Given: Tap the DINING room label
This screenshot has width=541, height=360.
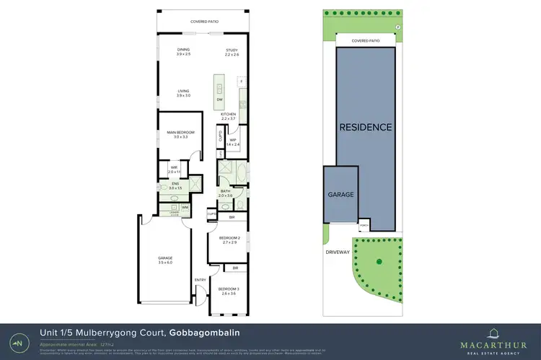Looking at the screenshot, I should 183,48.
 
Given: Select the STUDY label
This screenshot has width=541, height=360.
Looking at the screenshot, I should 231,49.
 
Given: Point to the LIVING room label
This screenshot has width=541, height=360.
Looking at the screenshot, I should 183,91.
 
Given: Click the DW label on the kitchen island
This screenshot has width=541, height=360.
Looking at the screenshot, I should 219,100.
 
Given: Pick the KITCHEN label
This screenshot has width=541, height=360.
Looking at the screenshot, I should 229,115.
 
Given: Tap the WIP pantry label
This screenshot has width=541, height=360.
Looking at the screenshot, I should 233,140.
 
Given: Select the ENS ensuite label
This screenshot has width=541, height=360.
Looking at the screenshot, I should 175,184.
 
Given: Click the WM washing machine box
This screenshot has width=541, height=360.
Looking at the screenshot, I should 185,208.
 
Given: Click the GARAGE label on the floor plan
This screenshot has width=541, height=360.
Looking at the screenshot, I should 165,258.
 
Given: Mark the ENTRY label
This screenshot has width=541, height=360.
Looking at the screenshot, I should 200,280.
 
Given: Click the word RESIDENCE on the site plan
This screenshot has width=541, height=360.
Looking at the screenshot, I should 366,127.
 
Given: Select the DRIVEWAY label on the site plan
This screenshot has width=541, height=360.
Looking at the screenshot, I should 337,252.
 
